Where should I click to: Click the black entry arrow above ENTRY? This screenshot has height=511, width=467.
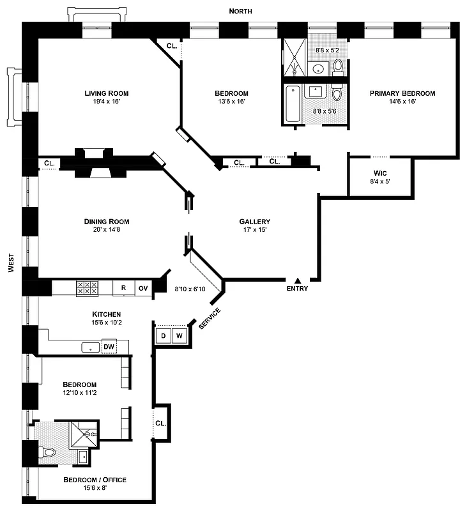(x=297, y=280)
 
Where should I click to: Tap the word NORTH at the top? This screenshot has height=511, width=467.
(x=241, y=11)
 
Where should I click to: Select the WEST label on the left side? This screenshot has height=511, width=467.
(x=11, y=262)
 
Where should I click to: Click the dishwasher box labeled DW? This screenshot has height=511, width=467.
(x=109, y=347)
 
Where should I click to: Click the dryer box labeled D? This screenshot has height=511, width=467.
(x=163, y=335)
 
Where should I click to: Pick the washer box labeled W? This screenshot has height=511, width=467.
(x=179, y=335)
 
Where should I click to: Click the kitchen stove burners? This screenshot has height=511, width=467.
(x=87, y=288)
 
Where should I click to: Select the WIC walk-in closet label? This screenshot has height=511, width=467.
(x=381, y=173)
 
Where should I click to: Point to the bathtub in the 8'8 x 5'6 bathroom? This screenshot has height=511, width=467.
(x=293, y=103)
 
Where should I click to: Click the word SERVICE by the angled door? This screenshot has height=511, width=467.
(x=210, y=319)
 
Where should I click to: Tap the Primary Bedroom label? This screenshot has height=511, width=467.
(x=402, y=93)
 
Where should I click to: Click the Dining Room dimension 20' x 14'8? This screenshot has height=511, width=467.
(x=106, y=230)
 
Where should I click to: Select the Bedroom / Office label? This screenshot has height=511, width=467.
(x=95, y=480)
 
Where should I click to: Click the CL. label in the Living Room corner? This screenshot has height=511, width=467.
(x=172, y=46)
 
